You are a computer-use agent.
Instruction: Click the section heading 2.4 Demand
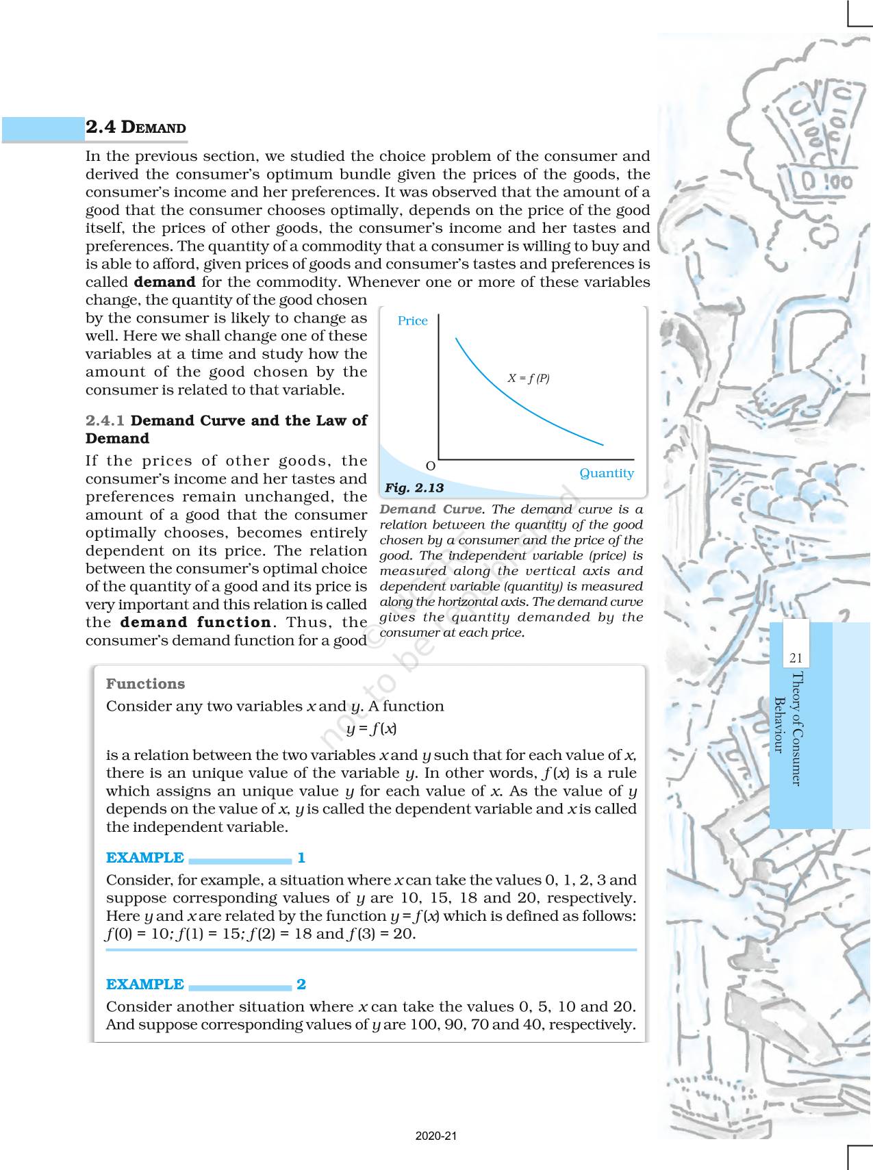pyautogui.click(x=136, y=128)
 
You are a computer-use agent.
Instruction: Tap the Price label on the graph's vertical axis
pyautogui.click(x=412, y=321)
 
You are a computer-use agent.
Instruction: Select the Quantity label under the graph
pyautogui.click(x=607, y=473)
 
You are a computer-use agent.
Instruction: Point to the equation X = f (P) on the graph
pyautogui.click(x=528, y=378)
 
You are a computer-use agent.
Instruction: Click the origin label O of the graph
pyautogui.click(x=431, y=466)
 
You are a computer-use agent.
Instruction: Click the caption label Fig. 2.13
pyautogui.click(x=414, y=488)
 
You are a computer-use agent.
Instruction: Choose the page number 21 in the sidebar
pyautogui.click(x=795, y=659)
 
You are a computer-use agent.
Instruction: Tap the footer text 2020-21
pyautogui.click(x=436, y=1136)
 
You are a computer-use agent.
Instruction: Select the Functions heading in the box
pyautogui.click(x=145, y=684)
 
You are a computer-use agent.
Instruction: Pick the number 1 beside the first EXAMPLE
pyautogui.click(x=301, y=858)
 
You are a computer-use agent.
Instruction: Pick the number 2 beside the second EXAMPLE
pyautogui.click(x=301, y=984)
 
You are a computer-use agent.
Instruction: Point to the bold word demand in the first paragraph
pyautogui.click(x=164, y=282)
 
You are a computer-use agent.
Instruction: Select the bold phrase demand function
pyautogui.click(x=196, y=622)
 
